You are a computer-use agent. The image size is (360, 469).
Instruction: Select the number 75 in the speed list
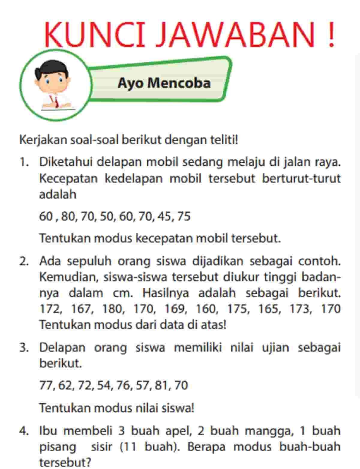pos(184,216)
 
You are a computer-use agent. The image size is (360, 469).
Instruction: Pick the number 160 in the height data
pos(206,309)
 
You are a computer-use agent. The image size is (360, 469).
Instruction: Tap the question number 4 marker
pos(24,431)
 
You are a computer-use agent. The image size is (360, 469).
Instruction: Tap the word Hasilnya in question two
pos(166,293)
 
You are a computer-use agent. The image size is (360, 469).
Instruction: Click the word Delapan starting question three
pos(62,348)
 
